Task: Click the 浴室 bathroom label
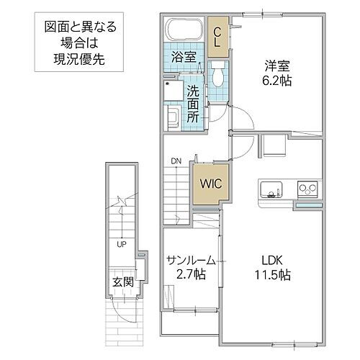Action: (x=182, y=56)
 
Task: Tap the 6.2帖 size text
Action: (x=276, y=81)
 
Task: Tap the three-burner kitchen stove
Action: (x=307, y=190)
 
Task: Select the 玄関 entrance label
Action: (x=122, y=282)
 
